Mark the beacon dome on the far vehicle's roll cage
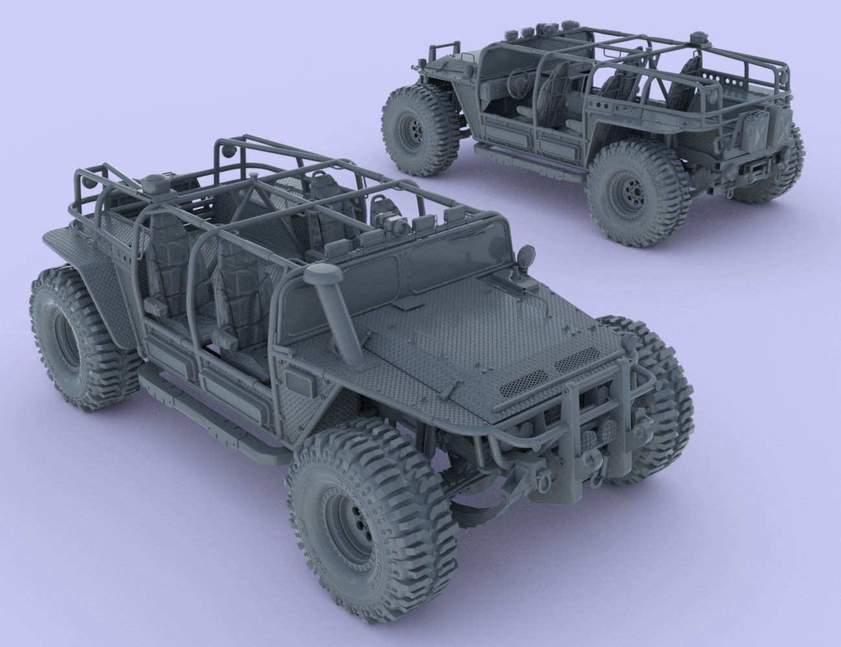click(698, 38)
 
